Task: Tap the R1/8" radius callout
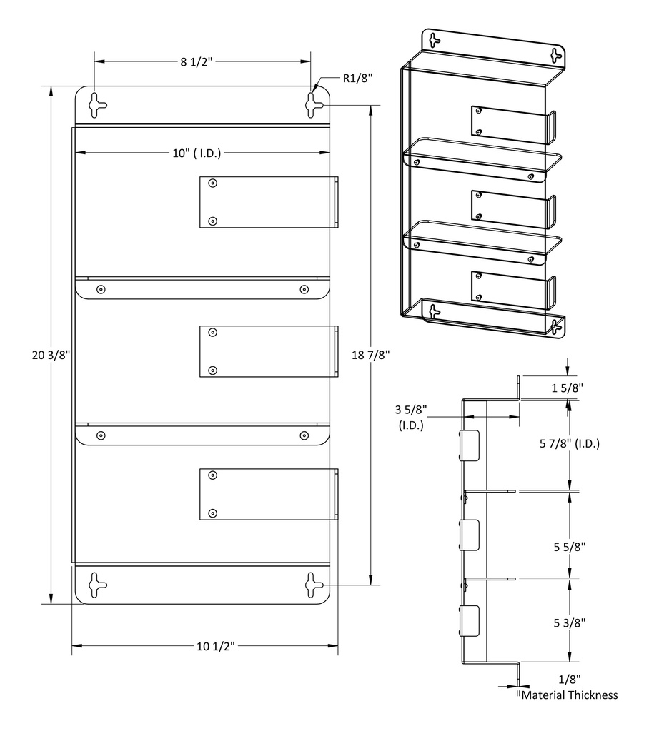pyautogui.click(x=357, y=79)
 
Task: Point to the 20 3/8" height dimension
pyautogui.click(x=51, y=355)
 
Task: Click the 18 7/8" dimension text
pyautogui.click(x=370, y=355)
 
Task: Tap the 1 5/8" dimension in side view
pyautogui.click(x=568, y=388)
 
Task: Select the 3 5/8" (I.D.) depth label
pyautogui.click(x=411, y=417)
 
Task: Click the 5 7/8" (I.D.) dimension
pyautogui.click(x=569, y=443)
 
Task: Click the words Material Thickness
pyautogui.click(x=570, y=695)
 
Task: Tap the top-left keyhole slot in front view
pyautogui.click(x=96, y=105)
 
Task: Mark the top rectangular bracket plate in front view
pyautogui.click(x=266, y=203)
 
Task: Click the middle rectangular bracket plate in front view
pyautogui.click(x=266, y=351)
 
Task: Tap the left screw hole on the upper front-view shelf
pyautogui.click(x=101, y=289)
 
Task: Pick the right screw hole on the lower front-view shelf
pyautogui.click(x=304, y=435)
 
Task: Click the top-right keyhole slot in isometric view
pyautogui.click(x=555, y=54)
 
